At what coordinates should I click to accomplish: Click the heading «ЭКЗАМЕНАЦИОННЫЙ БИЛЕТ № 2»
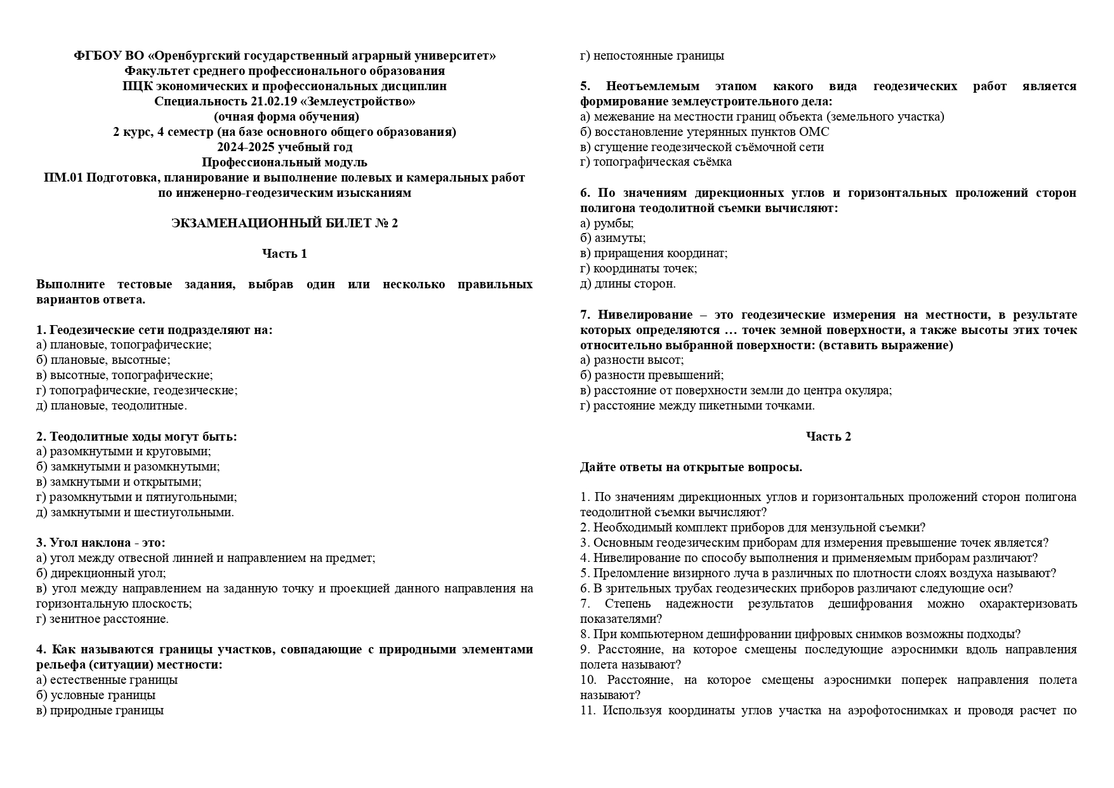tap(284, 223)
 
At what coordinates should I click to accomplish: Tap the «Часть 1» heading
tap(284, 253)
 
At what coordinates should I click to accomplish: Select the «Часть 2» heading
tap(828, 436)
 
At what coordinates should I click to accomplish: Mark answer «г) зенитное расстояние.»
tap(103, 618)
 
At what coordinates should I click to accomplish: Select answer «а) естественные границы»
tap(107, 679)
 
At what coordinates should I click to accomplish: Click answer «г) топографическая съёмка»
tap(656, 161)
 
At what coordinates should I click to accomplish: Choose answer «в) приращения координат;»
tap(654, 253)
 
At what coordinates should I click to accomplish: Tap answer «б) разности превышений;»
tap(652, 375)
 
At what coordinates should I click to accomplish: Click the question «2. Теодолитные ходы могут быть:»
tap(136, 436)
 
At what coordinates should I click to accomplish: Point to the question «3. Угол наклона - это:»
tap(101, 543)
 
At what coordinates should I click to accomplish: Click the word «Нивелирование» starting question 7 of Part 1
tap(645, 314)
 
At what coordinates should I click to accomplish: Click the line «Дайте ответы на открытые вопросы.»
tap(691, 467)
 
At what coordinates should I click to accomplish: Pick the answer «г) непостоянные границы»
tap(652, 55)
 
